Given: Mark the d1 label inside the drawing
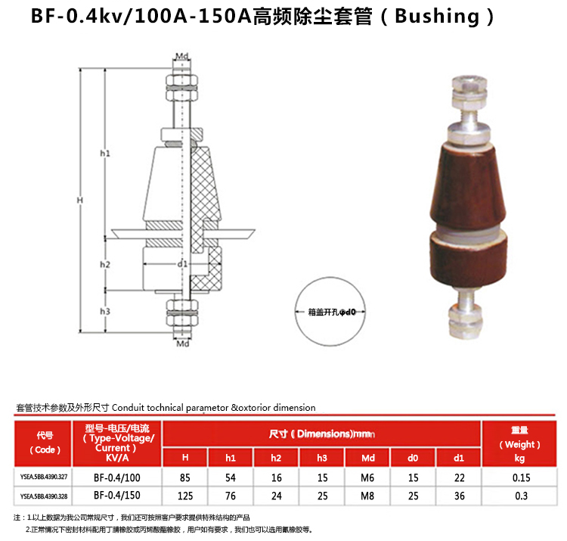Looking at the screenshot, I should click(x=182, y=264).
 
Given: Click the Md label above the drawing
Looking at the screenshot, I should click(x=182, y=57).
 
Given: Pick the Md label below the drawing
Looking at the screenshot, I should click(x=182, y=345).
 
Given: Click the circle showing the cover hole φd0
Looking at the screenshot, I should click(x=331, y=310).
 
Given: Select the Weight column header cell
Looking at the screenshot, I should click(x=519, y=443).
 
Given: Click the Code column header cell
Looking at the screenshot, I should click(x=44, y=443).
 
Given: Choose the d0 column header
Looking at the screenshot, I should click(x=413, y=458).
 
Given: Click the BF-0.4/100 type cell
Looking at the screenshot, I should click(x=117, y=477).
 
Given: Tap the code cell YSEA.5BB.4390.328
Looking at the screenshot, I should click(x=44, y=495).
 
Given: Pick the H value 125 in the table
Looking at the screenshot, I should click(x=185, y=495).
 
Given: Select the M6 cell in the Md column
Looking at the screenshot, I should click(x=367, y=477).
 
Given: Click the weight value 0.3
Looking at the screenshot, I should click(x=519, y=495).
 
